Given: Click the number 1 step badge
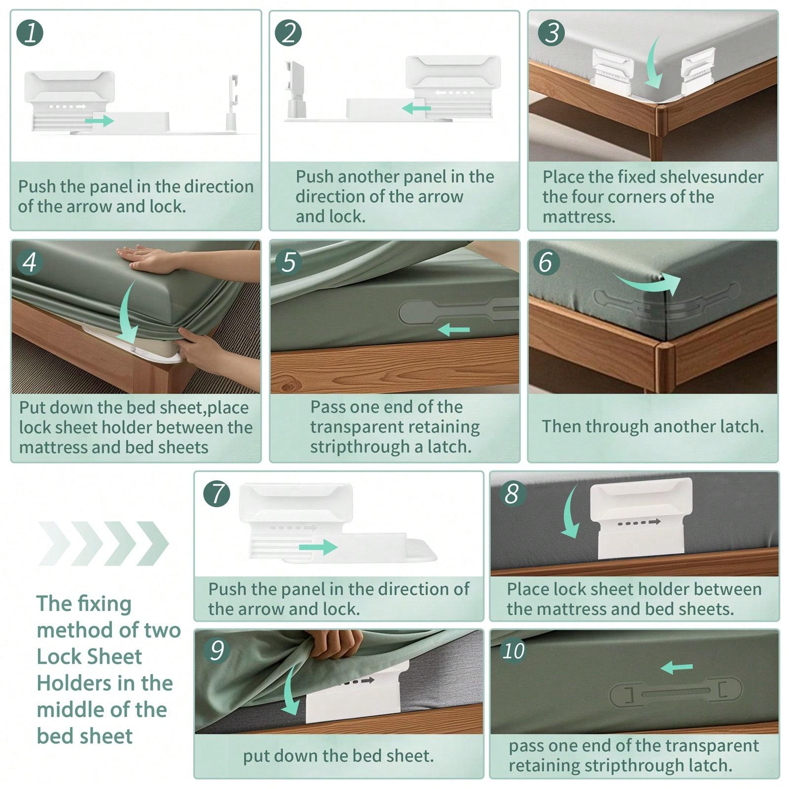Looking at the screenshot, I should point(30,33).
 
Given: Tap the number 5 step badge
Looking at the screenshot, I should point(288,261).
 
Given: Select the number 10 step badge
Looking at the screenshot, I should point(513,651).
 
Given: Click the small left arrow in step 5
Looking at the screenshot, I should point(454,329).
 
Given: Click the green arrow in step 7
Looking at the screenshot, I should point(318,547).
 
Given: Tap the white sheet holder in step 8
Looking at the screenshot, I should point(641,518).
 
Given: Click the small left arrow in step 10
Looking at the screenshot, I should point(677,668).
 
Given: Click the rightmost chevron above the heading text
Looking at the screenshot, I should point(153,543).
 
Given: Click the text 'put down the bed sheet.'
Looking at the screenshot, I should point(338,756).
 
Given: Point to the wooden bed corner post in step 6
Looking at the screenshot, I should point(665,365).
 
